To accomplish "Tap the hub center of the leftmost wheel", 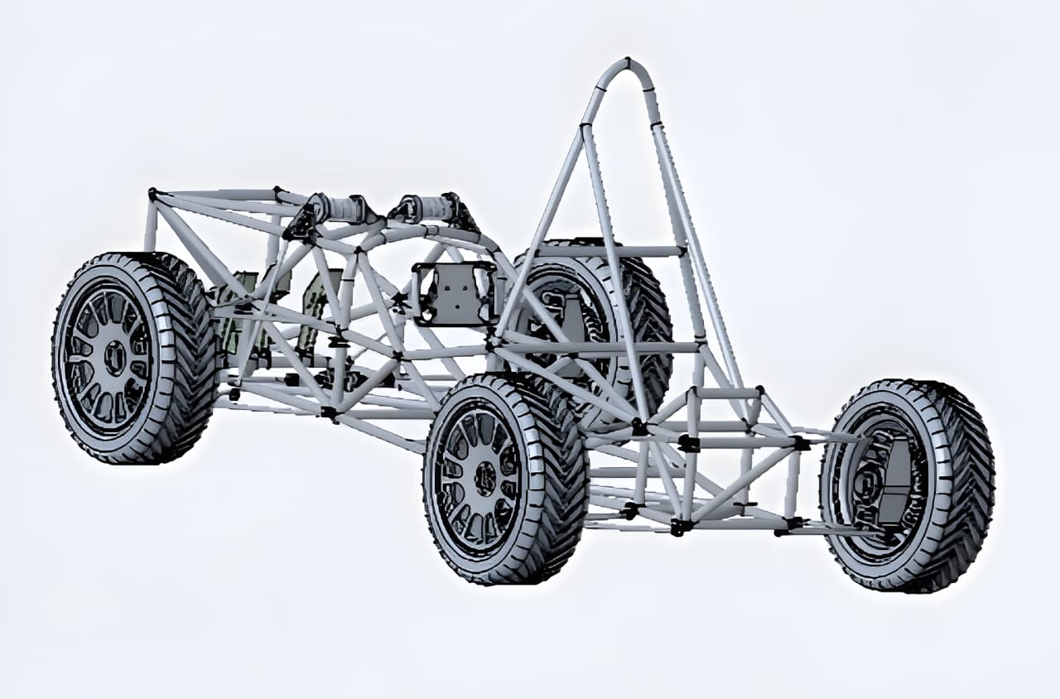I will click(x=113, y=358).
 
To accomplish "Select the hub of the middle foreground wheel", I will click(x=484, y=478).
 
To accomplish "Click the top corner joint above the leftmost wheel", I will click(x=152, y=194).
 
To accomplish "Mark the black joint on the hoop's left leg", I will click(x=585, y=127).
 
